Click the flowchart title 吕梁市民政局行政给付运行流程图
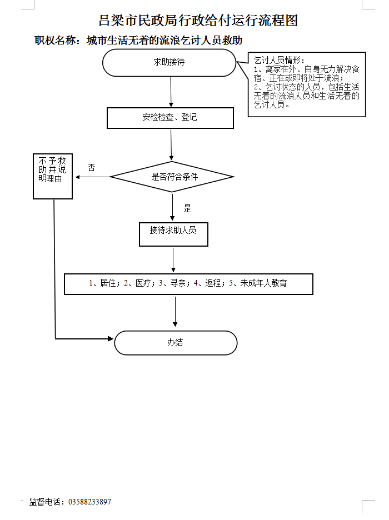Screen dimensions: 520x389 (198, 21)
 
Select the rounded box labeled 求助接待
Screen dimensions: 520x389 (169, 62)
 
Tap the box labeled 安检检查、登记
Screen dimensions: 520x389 (170, 117)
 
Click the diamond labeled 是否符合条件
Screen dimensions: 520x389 (172, 177)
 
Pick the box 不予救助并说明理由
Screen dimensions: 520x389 (53, 176)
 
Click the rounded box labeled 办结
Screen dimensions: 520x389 (176, 342)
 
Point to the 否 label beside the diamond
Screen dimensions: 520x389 (91, 167)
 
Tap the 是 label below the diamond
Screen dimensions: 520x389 (187, 209)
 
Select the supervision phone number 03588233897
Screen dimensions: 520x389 (89, 502)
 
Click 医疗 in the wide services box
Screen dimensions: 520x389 (143, 283)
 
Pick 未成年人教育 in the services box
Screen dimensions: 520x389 (263, 283)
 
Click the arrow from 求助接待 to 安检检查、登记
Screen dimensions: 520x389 (171, 91)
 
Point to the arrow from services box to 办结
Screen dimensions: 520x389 (176, 312)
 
